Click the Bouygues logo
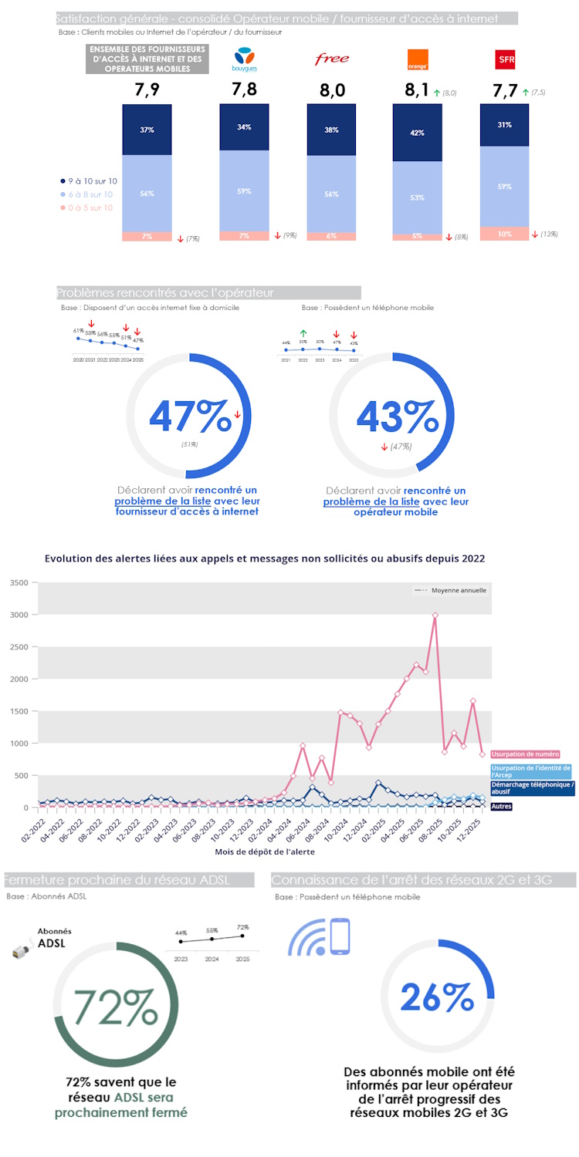[x=244, y=59]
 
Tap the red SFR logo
[x=506, y=59]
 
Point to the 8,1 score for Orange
[x=418, y=90]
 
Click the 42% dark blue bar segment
[x=418, y=133]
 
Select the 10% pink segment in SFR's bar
[x=505, y=234]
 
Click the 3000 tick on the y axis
[x=17, y=615]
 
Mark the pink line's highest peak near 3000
[x=435, y=616]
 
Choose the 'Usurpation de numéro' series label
[x=525, y=754]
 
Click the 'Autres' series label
[x=501, y=806]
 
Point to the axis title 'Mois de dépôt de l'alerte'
[x=264, y=852]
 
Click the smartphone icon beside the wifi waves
[x=340, y=937]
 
